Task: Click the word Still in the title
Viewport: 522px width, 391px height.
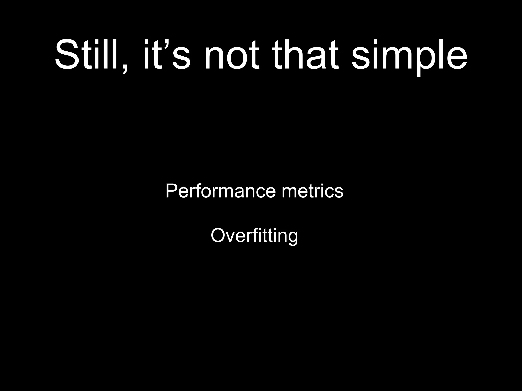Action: click(x=88, y=55)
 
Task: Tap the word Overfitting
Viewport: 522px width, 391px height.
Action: click(x=254, y=235)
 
